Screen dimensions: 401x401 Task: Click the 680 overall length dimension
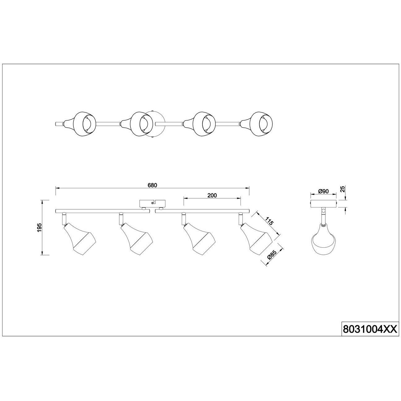[x=152, y=185]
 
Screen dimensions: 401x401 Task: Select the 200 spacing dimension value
[x=212, y=195]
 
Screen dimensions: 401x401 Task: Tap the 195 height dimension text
[x=40, y=227]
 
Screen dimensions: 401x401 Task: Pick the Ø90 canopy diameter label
[x=323, y=191]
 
